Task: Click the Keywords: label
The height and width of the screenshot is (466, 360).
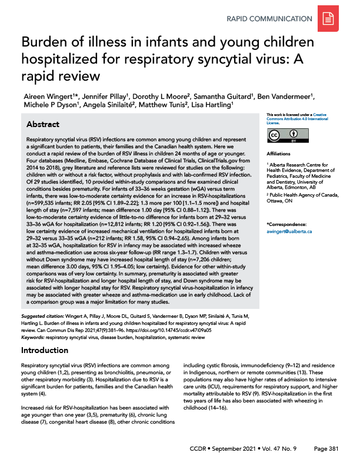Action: coord(36,337)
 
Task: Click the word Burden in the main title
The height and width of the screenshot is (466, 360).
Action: coord(44,43)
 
